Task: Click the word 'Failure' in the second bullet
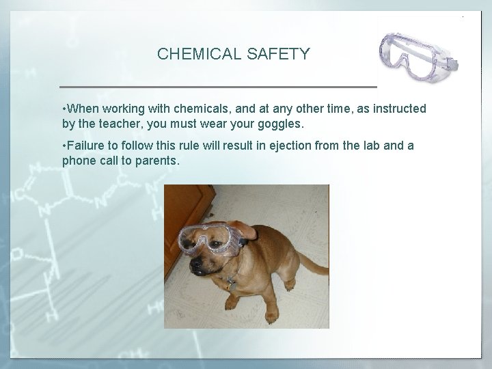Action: tap(86, 146)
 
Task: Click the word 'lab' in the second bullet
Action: tap(371, 146)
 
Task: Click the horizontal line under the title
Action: tap(219, 87)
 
